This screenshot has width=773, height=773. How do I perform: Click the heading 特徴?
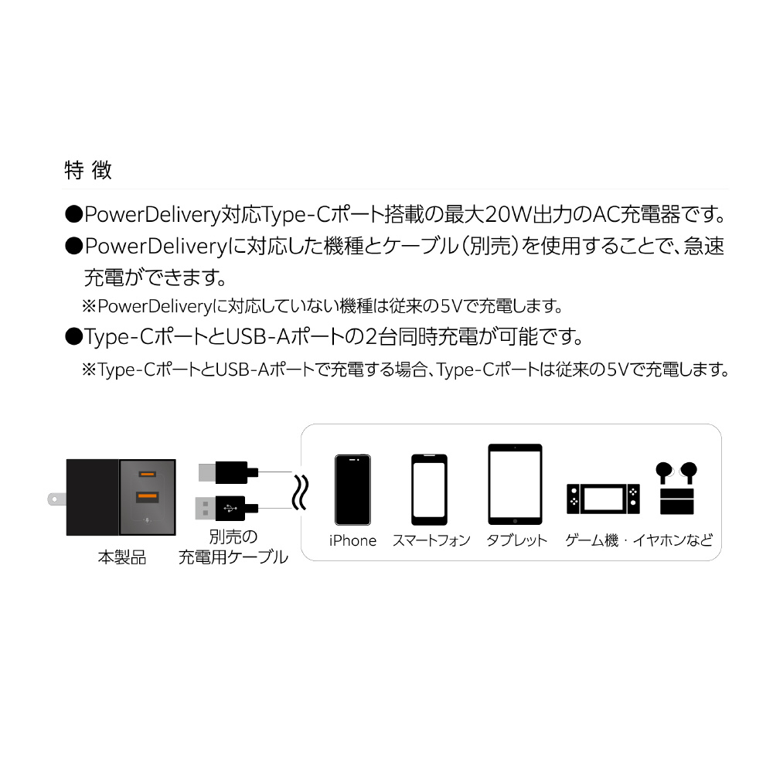(x=88, y=171)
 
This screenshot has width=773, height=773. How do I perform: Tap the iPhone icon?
(x=352, y=489)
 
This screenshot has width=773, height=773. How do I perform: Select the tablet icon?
(x=515, y=484)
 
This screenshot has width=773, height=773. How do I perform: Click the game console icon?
(x=603, y=499)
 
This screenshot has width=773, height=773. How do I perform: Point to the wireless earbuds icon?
(x=676, y=488)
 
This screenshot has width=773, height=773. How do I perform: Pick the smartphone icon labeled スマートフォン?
(x=429, y=489)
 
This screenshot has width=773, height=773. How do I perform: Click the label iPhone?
(x=352, y=541)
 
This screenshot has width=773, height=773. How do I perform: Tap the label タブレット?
(x=516, y=541)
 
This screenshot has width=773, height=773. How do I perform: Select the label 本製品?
(x=122, y=557)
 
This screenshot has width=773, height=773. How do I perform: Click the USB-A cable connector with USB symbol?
(x=226, y=509)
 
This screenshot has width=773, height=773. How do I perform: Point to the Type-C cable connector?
(x=228, y=473)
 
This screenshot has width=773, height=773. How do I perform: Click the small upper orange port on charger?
(x=147, y=475)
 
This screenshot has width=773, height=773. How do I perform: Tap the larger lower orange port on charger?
(x=147, y=496)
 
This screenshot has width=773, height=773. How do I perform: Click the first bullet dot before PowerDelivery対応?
(x=73, y=214)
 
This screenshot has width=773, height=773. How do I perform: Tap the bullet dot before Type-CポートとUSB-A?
(x=73, y=337)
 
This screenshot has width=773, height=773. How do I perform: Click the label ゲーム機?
(x=591, y=541)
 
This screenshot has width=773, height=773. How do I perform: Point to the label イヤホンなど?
(x=673, y=541)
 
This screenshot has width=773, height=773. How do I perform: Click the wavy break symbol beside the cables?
(x=301, y=492)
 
